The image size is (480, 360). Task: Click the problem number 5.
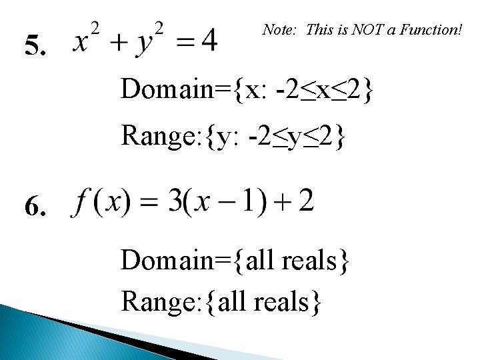[x=35, y=47]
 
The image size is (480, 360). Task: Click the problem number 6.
[x=35, y=209]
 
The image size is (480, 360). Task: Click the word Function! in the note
[x=430, y=29]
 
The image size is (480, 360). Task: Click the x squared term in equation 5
[x=87, y=39]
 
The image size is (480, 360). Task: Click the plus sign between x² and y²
[x=119, y=43]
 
